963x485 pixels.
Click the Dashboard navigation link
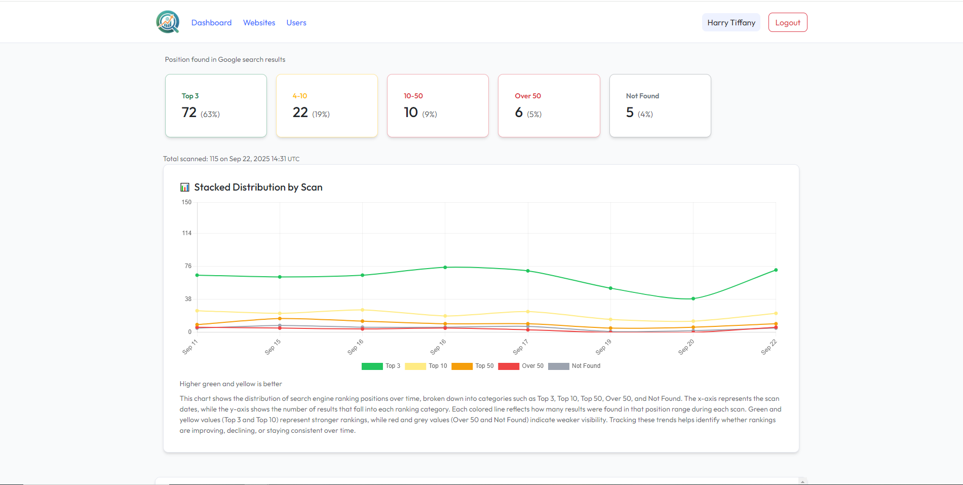[211, 23]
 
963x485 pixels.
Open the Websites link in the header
[259, 23]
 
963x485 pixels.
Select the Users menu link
[296, 23]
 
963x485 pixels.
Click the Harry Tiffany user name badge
[730, 23]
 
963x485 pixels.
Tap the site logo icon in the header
[168, 22]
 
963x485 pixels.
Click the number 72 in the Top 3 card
[189, 113]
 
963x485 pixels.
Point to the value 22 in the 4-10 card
[300, 113]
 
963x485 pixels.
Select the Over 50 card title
[527, 96]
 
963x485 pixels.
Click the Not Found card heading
[642, 96]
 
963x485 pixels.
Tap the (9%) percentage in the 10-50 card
[429, 115]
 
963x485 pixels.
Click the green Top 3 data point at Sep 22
[776, 270]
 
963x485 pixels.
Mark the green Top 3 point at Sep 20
[693, 299]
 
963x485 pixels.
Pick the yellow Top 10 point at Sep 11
[197, 311]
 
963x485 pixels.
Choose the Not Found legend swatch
[558, 366]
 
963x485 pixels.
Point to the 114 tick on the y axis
[187, 233]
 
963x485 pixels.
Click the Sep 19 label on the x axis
[603, 347]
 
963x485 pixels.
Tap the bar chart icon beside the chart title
[185, 188]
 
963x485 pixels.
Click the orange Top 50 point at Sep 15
[280, 318]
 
